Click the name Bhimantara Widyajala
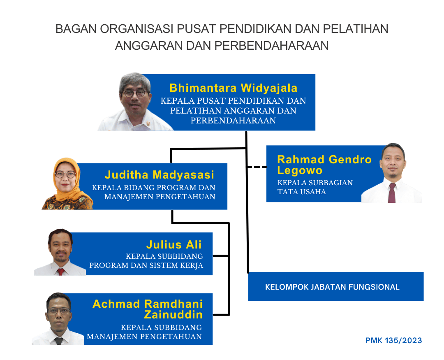(233, 88)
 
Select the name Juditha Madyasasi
(160, 174)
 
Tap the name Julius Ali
(174, 244)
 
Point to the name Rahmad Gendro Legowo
(324, 165)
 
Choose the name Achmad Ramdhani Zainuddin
(148, 309)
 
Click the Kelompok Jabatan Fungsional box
(335, 286)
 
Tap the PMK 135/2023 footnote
(393, 341)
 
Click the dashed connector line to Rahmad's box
(257, 167)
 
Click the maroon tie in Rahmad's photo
(392, 193)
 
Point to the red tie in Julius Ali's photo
(61, 271)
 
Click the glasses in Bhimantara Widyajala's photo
(134, 93)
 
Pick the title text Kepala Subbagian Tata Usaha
(315, 187)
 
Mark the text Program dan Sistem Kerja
(146, 265)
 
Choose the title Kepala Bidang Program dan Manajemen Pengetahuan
(154, 192)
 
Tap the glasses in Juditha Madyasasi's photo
(65, 174)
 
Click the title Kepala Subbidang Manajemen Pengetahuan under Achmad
(144, 332)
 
